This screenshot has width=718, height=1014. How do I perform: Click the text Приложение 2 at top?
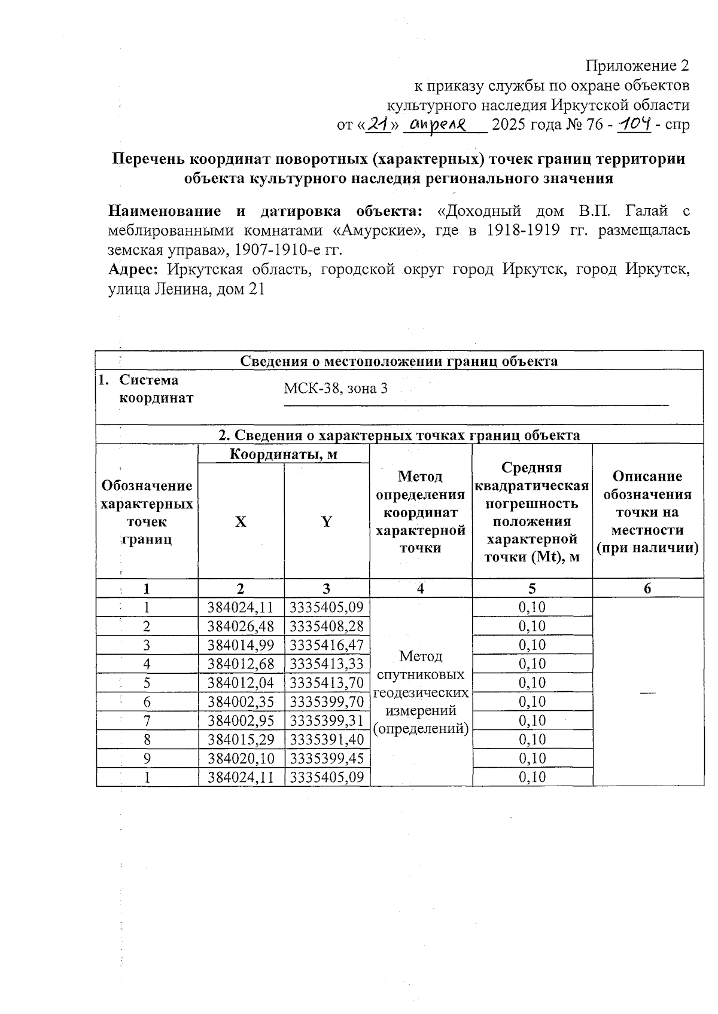click(637, 65)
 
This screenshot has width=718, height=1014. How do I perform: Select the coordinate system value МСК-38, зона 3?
click(335, 389)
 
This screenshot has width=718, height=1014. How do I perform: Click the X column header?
click(241, 521)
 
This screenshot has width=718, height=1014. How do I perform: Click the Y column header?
click(327, 521)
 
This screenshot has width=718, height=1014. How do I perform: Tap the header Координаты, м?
click(284, 454)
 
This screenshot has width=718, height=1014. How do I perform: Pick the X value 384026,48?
click(241, 627)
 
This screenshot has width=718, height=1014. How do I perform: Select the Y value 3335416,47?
click(327, 645)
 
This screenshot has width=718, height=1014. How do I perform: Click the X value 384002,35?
click(241, 702)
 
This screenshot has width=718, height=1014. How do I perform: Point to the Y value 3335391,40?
click(327, 740)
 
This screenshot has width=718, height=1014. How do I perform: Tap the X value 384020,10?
click(241, 758)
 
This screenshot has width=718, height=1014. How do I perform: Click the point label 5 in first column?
click(147, 683)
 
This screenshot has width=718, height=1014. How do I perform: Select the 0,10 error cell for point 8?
click(532, 740)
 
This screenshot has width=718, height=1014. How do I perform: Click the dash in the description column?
click(647, 692)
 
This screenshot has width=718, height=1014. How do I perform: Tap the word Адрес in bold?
click(132, 270)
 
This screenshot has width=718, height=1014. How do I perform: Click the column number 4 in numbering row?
click(421, 588)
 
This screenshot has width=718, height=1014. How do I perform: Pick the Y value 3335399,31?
click(327, 720)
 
